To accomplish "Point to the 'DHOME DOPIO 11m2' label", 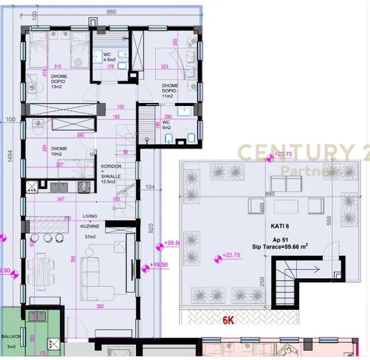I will pos(170,91).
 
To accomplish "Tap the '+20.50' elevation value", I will pos(173,244).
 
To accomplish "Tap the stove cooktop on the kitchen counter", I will pos(82,186).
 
